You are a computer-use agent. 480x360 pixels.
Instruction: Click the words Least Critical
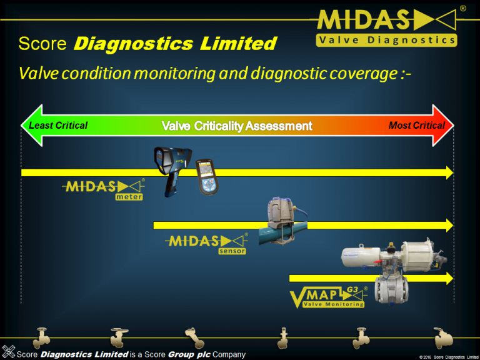click(58, 126)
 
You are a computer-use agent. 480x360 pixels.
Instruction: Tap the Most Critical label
click(417, 126)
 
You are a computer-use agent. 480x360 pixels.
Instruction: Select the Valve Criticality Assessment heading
click(237, 126)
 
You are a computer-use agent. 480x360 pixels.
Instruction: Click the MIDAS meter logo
click(104, 189)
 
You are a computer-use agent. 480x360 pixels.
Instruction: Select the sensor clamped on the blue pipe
click(281, 217)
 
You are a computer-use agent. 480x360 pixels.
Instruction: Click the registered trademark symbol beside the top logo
click(462, 9)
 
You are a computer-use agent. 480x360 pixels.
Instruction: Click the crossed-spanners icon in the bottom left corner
click(9, 351)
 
